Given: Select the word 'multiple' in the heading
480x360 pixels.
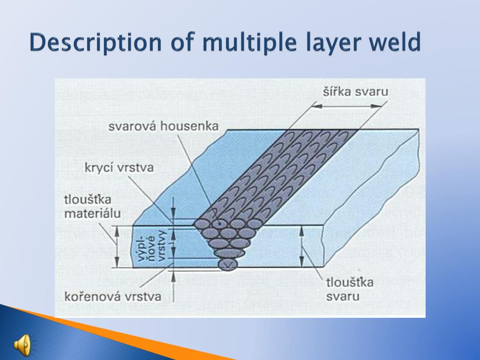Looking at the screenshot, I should coord(247,43).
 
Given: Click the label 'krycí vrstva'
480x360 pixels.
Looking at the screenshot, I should coord(119,167).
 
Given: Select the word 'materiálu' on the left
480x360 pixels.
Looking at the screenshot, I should coord(92,214).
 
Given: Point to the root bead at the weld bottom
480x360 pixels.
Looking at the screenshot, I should coord(228,265).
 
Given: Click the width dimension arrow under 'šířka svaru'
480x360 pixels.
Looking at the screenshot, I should coord(347,106).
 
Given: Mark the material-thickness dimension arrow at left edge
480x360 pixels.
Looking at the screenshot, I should coord(117,246).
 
